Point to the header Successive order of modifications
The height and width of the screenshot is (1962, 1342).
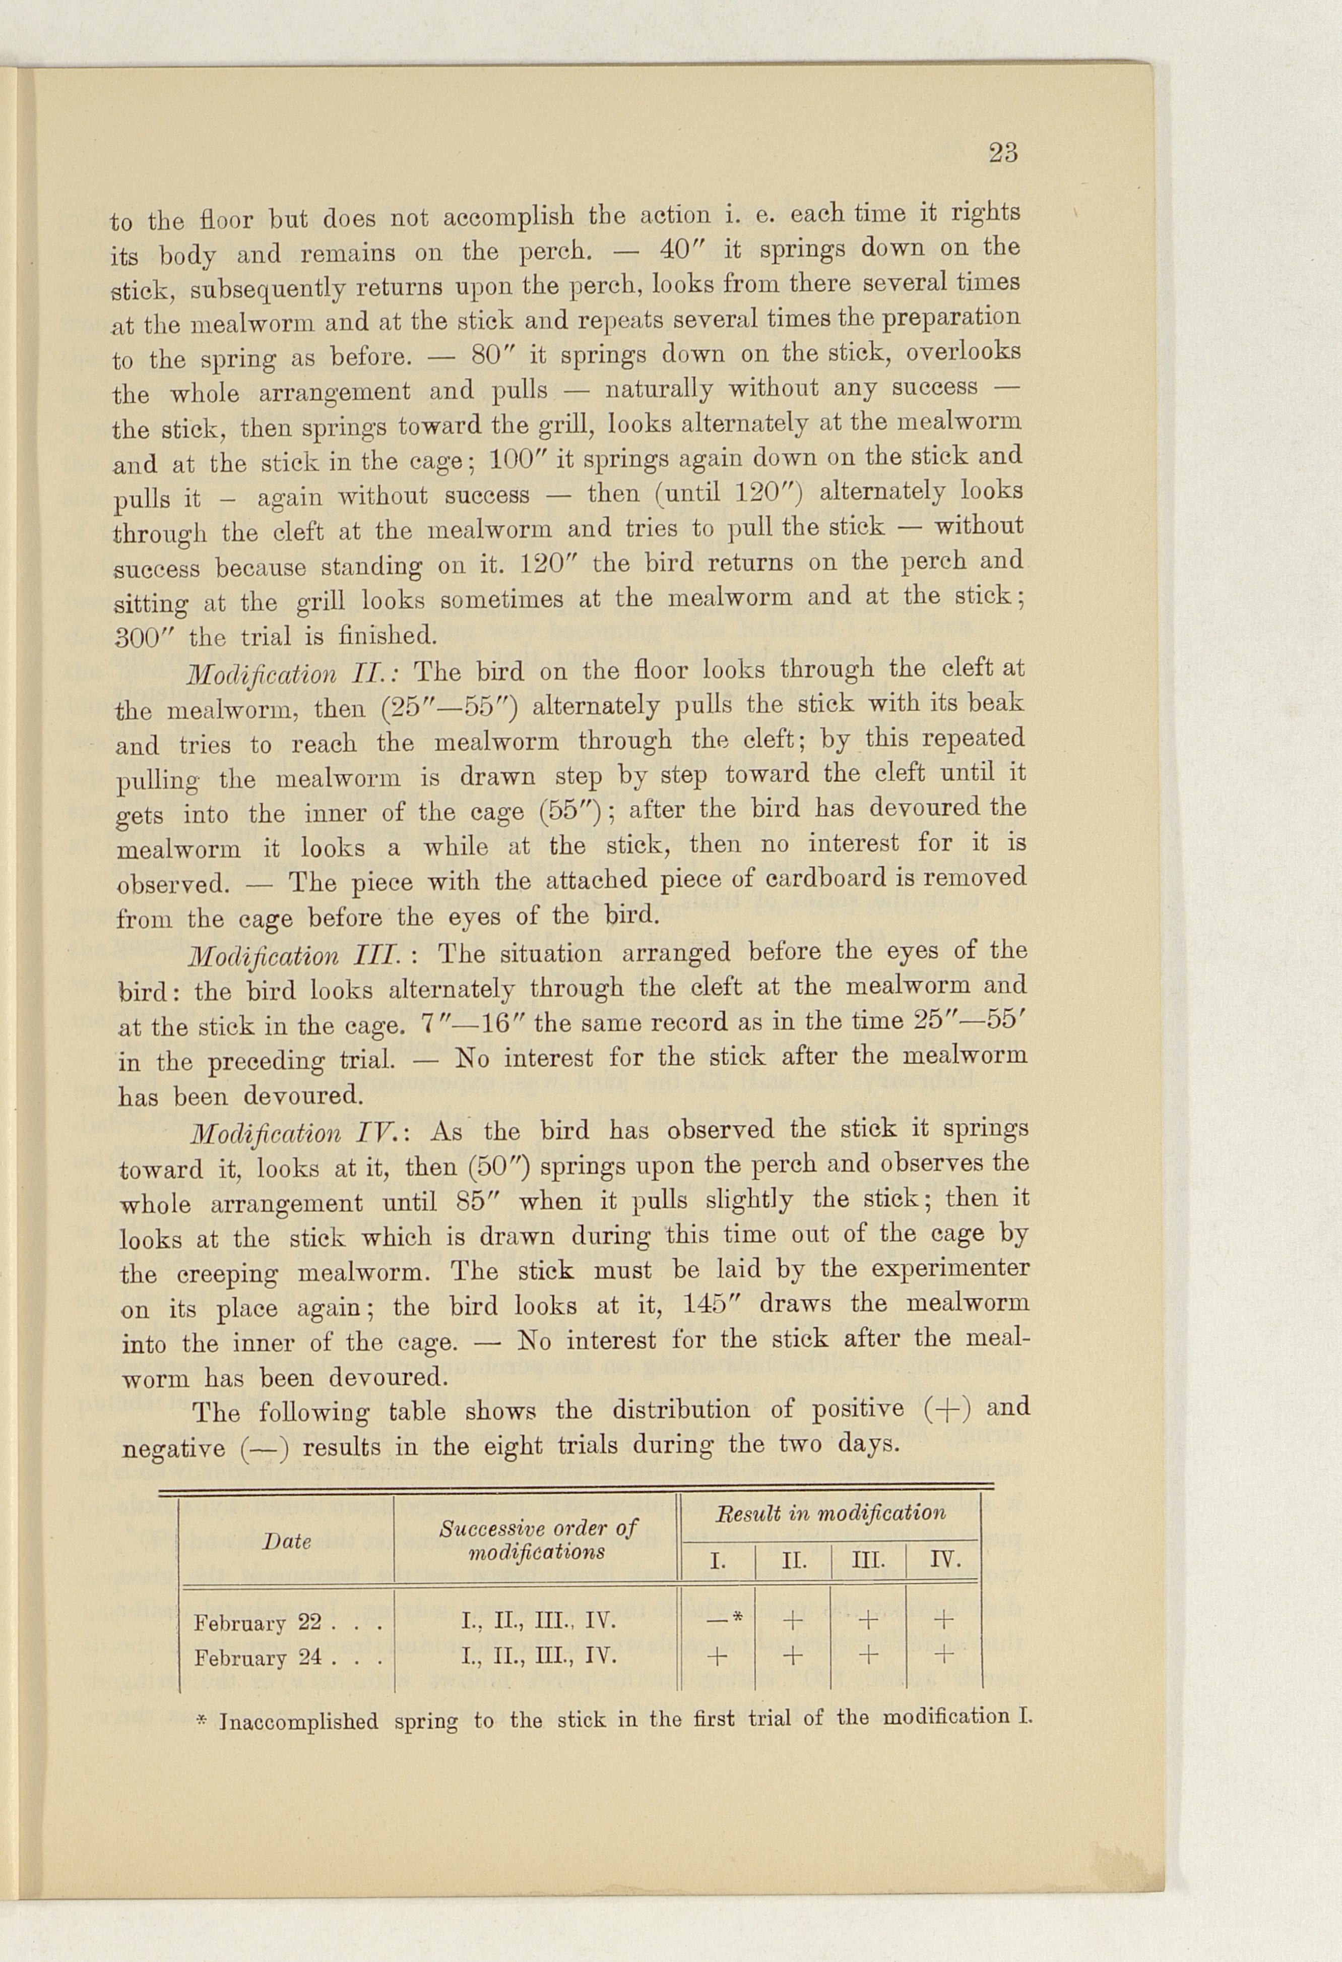click(x=538, y=1540)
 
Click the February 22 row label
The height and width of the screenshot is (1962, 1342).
click(x=258, y=1623)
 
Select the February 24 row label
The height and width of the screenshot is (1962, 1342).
click(x=258, y=1658)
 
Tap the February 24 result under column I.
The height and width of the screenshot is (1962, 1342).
click(x=717, y=1657)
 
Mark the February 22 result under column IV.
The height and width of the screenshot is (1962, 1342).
click(x=944, y=1620)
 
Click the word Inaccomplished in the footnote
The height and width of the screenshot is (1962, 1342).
click(x=299, y=1722)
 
